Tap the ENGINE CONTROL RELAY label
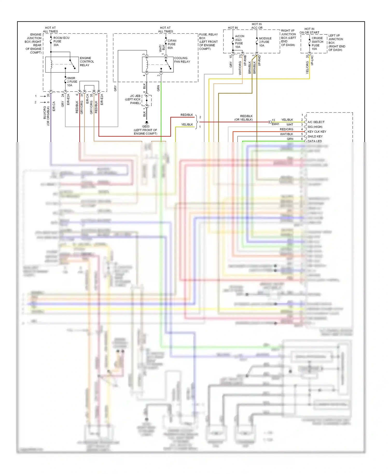pos(87,62)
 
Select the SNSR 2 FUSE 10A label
pos(72,82)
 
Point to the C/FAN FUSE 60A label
pos(172,44)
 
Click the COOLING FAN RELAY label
pos(182,60)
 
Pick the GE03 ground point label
pos(145,130)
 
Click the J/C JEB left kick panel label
pos(133,99)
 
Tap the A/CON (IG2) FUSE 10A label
pos(239,41)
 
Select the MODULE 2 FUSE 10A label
pos(265,42)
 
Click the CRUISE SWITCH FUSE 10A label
pos(317,43)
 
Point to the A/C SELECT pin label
pos(316,122)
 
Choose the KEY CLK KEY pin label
pos(317,132)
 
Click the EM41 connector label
pos(275,124)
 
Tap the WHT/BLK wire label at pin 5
pos(286,134)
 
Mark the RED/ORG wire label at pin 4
pos(286,129)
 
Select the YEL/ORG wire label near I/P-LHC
pos(307,67)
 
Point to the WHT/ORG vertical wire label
pos(240,68)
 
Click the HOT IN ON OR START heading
pos(309,31)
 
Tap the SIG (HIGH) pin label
pos(315,127)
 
